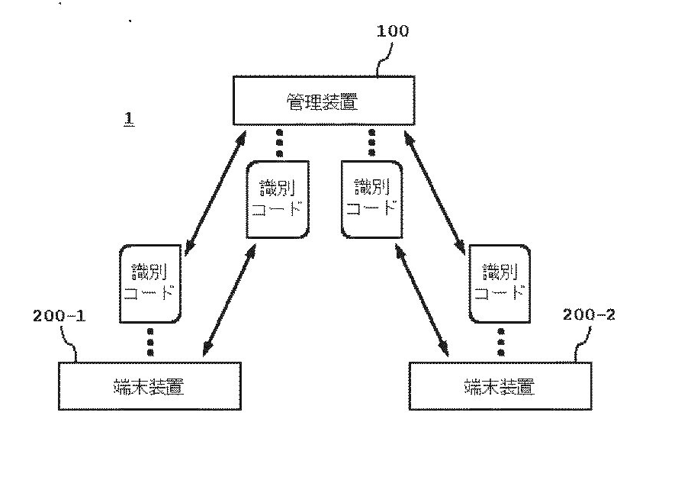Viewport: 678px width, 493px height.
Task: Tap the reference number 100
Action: point(393,31)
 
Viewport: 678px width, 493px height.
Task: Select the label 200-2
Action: point(588,314)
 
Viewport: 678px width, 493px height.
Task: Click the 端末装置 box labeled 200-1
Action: point(149,386)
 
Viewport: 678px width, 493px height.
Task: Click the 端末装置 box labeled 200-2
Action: point(500,386)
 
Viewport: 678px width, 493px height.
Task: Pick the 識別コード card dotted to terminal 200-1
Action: point(151,282)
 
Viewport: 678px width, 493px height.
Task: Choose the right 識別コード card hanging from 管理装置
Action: point(371,198)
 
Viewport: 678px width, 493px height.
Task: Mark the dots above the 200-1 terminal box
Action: point(151,342)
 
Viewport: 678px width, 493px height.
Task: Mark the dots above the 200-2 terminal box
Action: point(500,342)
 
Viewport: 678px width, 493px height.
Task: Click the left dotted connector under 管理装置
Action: point(279,143)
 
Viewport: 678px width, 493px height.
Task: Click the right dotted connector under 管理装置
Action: point(371,143)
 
